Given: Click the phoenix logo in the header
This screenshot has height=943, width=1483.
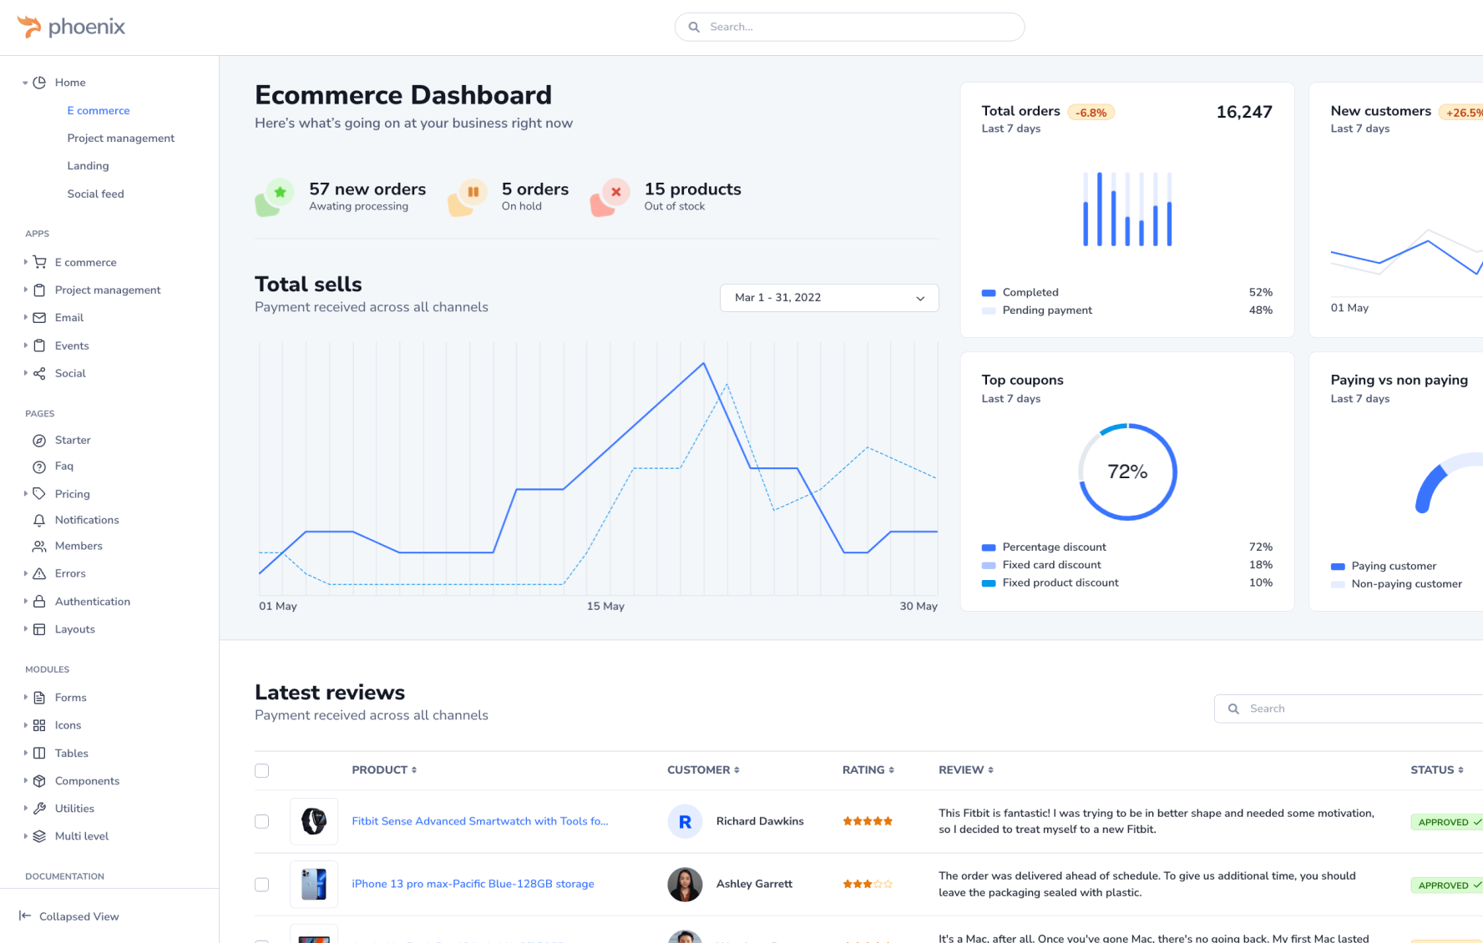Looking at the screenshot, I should click(x=71, y=27).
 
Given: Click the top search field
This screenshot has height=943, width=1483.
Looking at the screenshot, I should click(x=849, y=27).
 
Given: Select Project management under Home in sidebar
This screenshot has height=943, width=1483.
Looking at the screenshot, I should click(x=121, y=139).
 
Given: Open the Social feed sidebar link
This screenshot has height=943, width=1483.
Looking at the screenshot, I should click(x=95, y=194).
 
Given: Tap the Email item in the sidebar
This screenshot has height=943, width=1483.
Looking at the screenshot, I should click(x=69, y=318).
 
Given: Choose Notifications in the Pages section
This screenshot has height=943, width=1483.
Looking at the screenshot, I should click(x=87, y=520).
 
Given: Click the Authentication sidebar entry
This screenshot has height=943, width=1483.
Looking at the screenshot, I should click(x=93, y=602).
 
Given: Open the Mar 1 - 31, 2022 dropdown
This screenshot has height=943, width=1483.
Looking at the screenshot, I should click(x=829, y=298).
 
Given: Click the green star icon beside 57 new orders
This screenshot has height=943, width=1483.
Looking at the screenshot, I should click(x=280, y=193).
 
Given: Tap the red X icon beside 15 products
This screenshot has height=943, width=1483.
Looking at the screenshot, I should click(x=615, y=193).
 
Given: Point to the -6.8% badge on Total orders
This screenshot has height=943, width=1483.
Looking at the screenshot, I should click(x=1091, y=113).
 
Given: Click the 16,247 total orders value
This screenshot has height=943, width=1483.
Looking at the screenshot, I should click(x=1243, y=112).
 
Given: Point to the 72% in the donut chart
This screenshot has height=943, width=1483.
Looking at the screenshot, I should click(x=1127, y=472).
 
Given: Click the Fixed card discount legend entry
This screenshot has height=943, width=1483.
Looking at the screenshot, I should click(x=1051, y=565).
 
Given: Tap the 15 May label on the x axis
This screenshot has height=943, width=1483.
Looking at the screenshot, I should click(x=605, y=606).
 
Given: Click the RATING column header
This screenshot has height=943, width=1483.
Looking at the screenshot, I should click(x=868, y=770).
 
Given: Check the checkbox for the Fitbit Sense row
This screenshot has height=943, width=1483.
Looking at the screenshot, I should click(x=262, y=822).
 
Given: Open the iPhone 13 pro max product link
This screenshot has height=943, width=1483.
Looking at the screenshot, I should click(x=473, y=884).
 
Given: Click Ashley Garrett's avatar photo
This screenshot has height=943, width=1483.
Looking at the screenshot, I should click(x=685, y=885).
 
